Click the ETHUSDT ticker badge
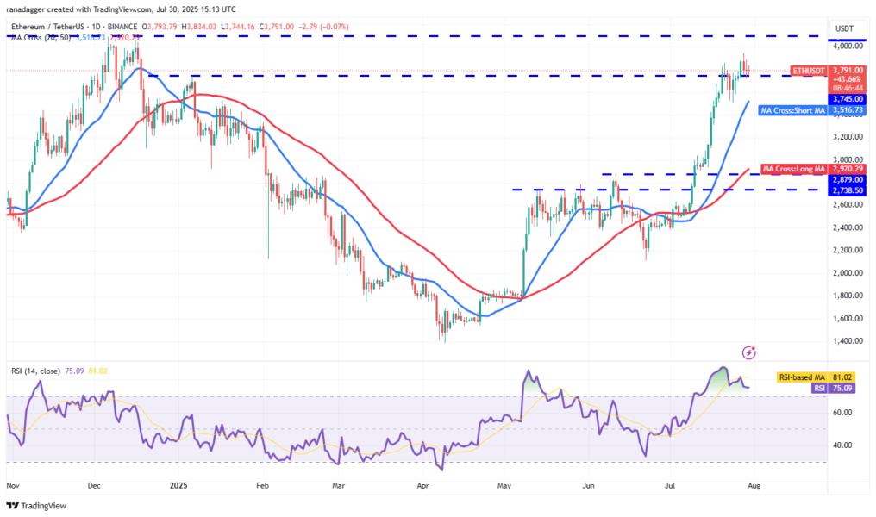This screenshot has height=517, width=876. (808, 71)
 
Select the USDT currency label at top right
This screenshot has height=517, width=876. (843, 28)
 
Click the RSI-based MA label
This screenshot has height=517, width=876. (803, 377)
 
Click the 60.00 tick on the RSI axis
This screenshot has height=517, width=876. (843, 413)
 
